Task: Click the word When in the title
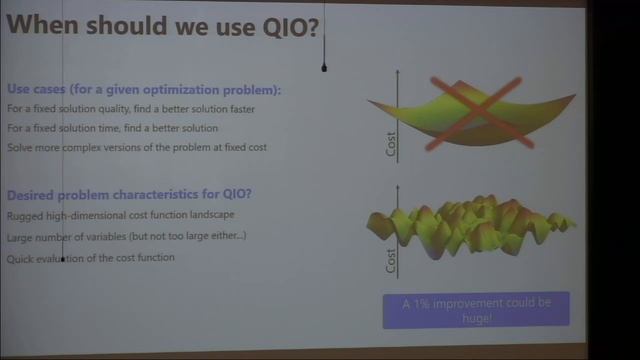(x=44, y=26)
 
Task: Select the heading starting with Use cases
(x=144, y=89)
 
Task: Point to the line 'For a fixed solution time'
(x=112, y=128)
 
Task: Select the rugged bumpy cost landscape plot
(x=470, y=225)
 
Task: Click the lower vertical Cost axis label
(x=392, y=260)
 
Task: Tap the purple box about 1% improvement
(x=476, y=309)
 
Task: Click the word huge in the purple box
(x=477, y=318)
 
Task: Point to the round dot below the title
(x=324, y=68)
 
